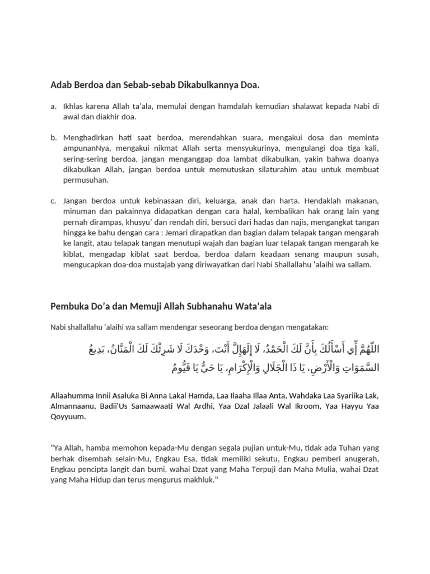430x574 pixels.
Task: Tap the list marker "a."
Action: tap(53, 107)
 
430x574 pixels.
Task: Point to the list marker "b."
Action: tap(53, 138)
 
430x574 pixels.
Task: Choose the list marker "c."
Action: tap(53, 201)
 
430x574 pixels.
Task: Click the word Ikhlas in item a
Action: tap(74, 107)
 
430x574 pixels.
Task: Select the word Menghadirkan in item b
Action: tap(89, 138)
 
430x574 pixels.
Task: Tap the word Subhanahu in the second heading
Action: tap(214, 307)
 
